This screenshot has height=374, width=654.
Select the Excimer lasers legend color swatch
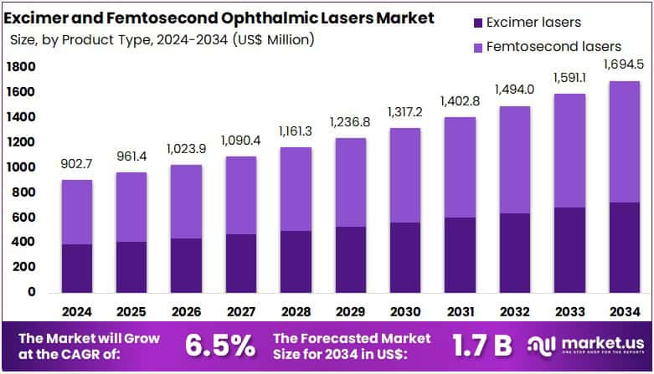pyautogui.click(x=455, y=23)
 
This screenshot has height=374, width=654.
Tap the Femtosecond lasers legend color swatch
pyautogui.click(x=455, y=47)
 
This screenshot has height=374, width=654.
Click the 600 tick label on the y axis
pyautogui.click(x=23, y=218)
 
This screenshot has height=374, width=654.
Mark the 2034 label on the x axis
pyautogui.click(x=623, y=311)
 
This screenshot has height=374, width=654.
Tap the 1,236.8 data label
pyautogui.click(x=352, y=123)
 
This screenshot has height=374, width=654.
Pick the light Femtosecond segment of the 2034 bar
pyautogui.click(x=623, y=141)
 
